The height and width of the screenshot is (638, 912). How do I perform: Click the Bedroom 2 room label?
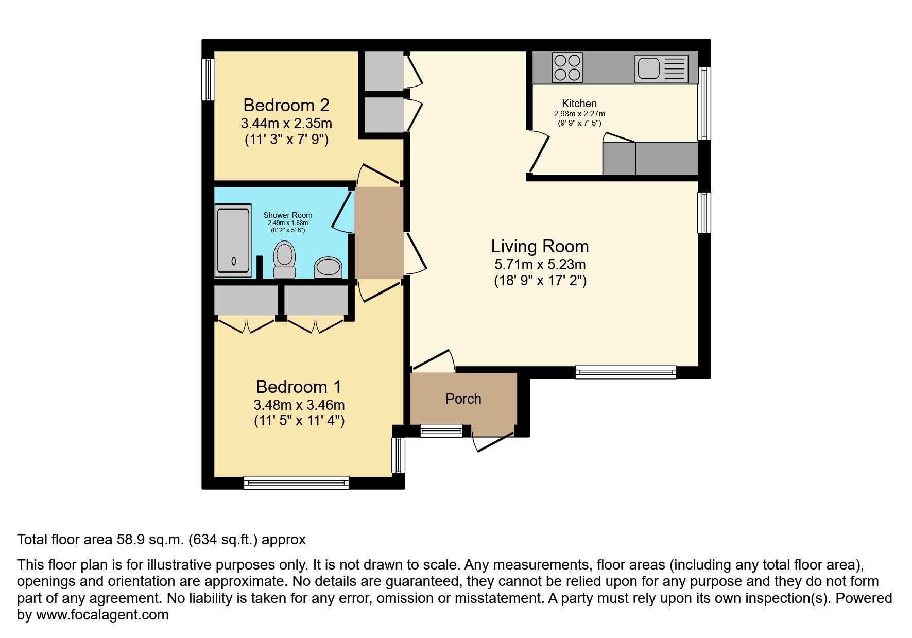point(286,105)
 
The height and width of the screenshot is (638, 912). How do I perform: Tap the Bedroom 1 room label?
point(299,387)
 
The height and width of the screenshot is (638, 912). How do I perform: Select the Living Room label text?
point(540,246)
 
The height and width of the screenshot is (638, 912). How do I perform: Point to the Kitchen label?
point(579,104)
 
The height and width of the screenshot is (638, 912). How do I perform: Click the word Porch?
point(463,399)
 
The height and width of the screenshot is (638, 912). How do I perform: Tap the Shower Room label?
point(288,215)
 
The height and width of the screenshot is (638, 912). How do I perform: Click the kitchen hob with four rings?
point(567,67)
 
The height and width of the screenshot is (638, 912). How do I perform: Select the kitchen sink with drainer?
point(662,68)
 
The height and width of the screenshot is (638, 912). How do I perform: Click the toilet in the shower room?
point(284,260)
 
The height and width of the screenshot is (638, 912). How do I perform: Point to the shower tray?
point(233,240)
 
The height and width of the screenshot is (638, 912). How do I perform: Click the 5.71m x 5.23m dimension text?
point(540,265)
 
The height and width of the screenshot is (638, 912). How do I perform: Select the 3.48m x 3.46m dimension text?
point(299,405)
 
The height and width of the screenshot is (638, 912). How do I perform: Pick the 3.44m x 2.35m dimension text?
point(286,124)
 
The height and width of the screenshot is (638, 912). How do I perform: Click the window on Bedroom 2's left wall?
point(208,79)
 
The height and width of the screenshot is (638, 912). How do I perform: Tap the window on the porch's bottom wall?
point(441,430)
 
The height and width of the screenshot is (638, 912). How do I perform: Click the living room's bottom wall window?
point(626,372)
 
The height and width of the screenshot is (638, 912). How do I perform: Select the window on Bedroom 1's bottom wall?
point(296,482)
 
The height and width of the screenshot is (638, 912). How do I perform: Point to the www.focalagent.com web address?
point(102,615)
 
